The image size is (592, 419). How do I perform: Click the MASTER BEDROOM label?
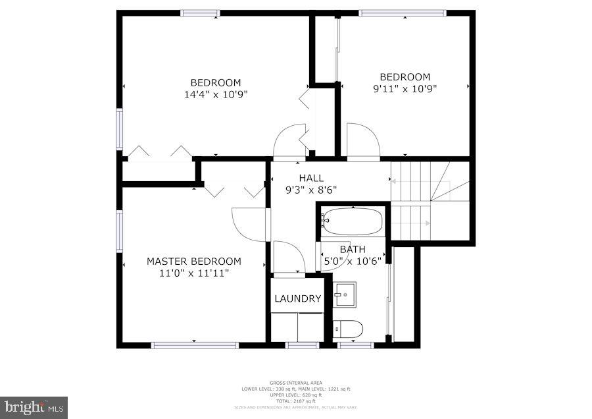[193, 262]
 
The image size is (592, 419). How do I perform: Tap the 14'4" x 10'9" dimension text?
[216, 94]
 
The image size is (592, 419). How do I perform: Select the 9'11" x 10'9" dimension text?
[405, 88]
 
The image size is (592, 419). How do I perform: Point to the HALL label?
[311, 178]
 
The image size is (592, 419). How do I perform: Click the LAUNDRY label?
[297, 298]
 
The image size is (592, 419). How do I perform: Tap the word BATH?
[352, 249]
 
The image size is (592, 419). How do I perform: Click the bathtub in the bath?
[352, 222]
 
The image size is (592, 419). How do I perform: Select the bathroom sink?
[344, 294]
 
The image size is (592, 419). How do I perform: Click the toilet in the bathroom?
[348, 328]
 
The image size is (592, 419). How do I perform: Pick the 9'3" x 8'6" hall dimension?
[311, 190]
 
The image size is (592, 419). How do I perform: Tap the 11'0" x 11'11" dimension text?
[193, 273]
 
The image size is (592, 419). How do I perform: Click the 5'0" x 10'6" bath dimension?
[352, 260]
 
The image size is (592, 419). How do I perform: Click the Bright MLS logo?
[34, 407]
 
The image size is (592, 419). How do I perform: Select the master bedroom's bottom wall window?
[194, 345]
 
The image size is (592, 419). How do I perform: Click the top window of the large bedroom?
[201, 13]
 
